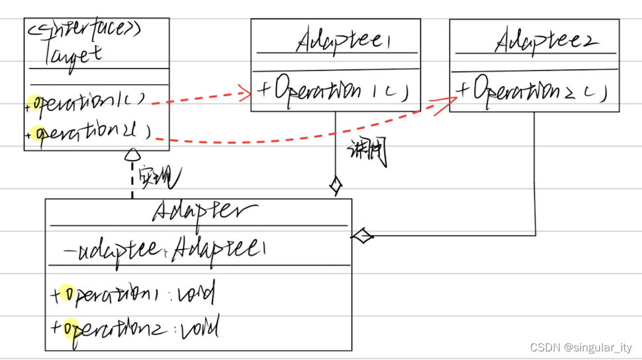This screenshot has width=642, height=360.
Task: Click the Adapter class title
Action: [205, 211]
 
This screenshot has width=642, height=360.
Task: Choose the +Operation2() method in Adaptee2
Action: [533, 91]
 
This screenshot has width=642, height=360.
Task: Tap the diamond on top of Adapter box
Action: [336, 185]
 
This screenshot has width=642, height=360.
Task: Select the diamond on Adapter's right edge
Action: [362, 235]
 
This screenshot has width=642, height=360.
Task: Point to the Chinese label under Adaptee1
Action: [367, 153]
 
